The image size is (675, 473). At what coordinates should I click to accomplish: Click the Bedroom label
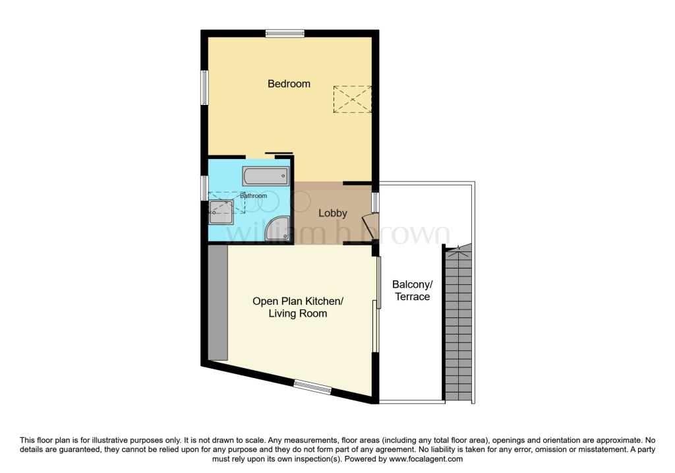(289, 84)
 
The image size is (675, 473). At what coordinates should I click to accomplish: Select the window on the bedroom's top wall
(285, 33)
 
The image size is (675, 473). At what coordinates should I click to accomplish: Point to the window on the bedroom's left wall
(204, 87)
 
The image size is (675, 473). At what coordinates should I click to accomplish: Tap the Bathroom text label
(253, 196)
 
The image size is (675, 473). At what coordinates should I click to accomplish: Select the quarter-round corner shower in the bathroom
(276, 230)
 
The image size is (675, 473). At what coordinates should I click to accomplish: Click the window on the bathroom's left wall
(204, 187)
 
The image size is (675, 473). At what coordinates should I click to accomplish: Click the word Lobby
(333, 213)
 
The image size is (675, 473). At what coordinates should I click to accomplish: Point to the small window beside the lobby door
(375, 203)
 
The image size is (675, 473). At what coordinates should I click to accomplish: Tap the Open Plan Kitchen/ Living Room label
(298, 307)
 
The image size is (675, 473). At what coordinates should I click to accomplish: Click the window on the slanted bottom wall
(312, 388)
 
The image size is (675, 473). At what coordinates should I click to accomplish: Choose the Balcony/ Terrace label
(412, 291)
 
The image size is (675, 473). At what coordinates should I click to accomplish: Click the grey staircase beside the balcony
(459, 323)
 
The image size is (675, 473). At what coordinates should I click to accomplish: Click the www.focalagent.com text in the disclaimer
(426, 459)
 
